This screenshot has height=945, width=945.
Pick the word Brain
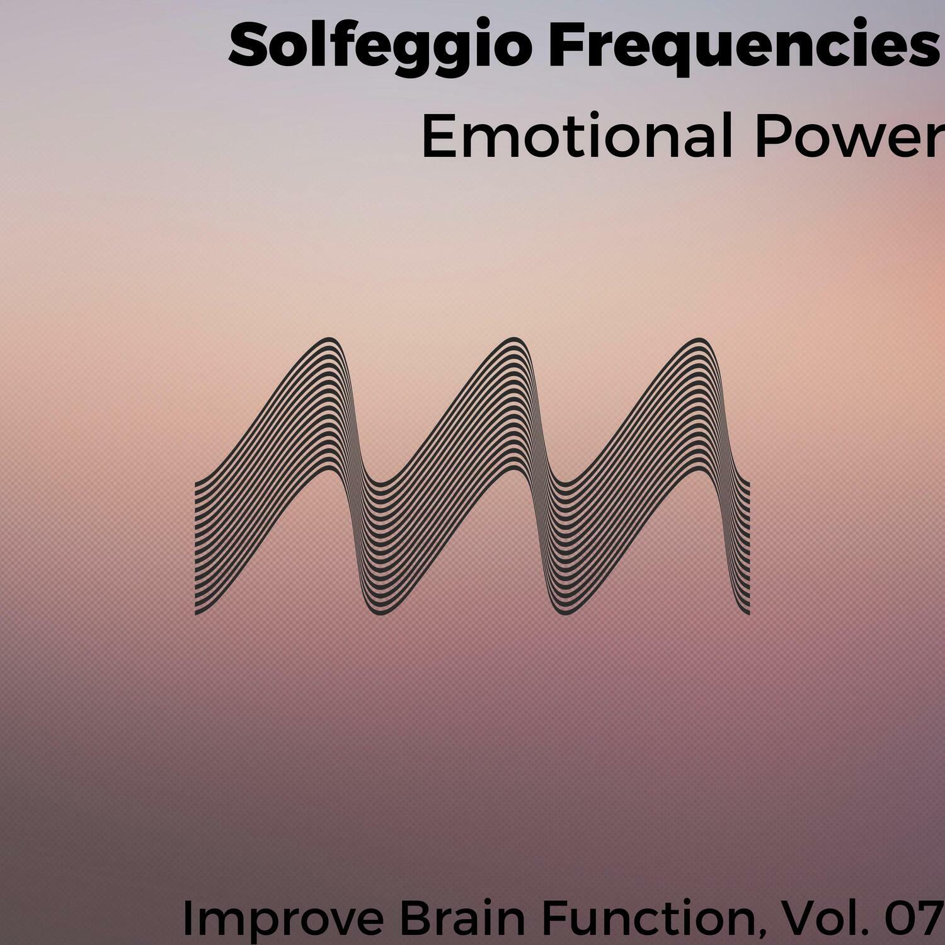coord(462,919)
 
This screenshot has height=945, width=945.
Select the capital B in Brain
coord(412,919)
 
